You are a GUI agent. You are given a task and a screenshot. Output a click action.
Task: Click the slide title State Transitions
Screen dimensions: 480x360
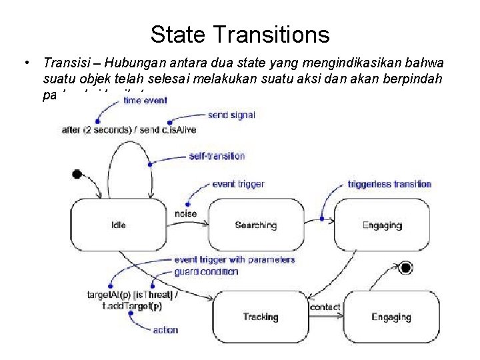tap(239, 33)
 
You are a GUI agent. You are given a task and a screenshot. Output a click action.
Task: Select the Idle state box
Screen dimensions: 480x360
tap(118, 225)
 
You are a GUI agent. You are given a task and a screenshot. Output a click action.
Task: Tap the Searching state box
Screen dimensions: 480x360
tap(255, 225)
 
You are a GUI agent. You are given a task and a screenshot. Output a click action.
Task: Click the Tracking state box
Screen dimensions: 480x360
tap(260, 317)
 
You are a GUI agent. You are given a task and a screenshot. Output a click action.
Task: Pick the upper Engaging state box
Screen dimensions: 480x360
tap(382, 225)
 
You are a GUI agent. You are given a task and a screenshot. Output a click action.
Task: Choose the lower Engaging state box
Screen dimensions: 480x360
tap(391, 317)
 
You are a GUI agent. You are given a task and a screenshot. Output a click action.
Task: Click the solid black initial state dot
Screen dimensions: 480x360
tap(77, 174)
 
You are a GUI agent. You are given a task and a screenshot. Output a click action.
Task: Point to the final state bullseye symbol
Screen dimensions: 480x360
tap(405, 269)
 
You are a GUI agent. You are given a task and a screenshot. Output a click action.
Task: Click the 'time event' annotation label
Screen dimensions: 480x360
tap(145, 101)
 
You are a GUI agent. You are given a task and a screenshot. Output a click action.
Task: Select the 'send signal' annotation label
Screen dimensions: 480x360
tap(231, 115)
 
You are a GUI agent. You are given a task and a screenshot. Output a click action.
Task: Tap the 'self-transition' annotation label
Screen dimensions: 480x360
tap(217, 156)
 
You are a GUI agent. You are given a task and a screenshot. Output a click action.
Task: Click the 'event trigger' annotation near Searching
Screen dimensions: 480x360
tap(237, 184)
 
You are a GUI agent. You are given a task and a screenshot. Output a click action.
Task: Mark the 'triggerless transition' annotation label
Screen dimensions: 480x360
tap(389, 184)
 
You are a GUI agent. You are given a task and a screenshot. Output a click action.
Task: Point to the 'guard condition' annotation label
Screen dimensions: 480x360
tap(206, 271)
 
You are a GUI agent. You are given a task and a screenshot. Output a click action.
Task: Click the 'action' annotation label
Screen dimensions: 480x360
tap(165, 329)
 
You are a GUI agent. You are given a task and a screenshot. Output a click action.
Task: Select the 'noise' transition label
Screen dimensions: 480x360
tap(186, 213)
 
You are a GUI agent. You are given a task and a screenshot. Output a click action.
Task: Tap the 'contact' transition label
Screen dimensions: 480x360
tap(325, 307)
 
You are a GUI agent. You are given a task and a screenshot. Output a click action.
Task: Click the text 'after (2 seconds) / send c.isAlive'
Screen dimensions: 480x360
tap(129, 130)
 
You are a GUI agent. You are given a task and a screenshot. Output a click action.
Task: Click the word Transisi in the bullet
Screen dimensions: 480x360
tap(64, 63)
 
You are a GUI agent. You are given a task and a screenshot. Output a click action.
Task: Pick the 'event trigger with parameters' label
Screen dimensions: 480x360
tap(224, 260)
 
